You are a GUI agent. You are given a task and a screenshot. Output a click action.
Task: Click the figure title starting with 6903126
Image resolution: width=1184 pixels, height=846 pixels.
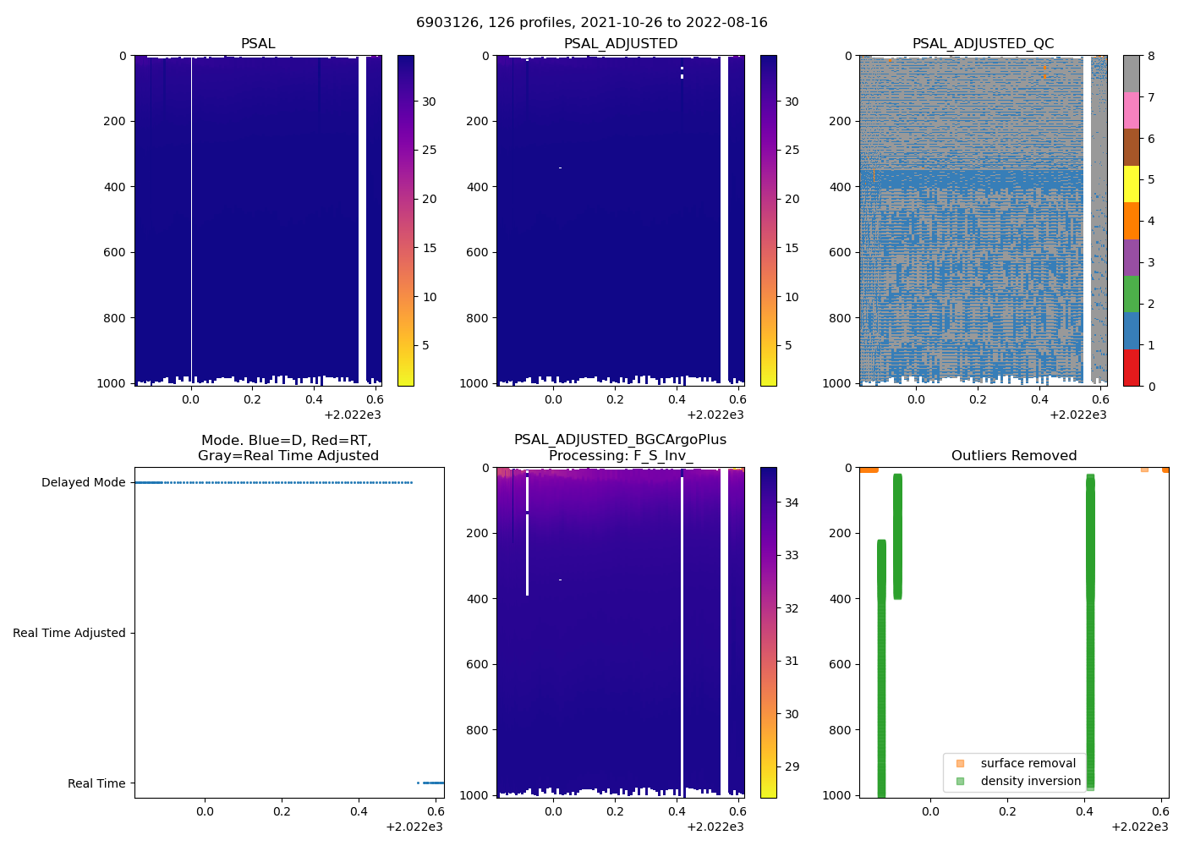click(591, 23)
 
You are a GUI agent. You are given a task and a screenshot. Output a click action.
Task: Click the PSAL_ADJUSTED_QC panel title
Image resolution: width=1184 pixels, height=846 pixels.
click(983, 44)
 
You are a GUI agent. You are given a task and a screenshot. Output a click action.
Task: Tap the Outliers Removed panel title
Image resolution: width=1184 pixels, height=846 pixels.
click(1013, 456)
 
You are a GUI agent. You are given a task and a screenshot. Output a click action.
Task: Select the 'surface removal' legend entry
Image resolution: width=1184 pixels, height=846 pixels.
click(1028, 763)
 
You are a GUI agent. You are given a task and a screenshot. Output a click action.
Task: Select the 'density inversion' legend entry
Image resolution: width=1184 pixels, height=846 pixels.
click(1030, 781)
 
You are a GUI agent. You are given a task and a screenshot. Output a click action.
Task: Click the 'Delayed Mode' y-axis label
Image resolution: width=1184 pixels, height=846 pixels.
click(83, 483)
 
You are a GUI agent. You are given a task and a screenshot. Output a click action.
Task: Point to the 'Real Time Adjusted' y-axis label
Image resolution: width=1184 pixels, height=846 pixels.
click(69, 633)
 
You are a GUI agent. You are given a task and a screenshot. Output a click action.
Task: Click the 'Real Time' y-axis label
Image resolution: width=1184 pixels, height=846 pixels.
click(96, 783)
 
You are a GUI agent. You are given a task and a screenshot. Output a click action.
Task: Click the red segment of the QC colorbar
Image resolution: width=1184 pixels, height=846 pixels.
click(1131, 368)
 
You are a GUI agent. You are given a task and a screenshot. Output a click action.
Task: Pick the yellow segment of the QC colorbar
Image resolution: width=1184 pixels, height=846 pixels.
click(1131, 184)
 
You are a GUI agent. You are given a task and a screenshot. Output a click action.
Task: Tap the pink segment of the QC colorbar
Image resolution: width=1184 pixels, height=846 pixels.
click(1131, 110)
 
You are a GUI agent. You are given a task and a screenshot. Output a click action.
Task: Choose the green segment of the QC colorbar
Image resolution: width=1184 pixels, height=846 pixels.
click(1131, 294)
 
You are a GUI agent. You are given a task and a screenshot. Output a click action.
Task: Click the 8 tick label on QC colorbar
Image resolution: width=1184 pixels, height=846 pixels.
click(1151, 57)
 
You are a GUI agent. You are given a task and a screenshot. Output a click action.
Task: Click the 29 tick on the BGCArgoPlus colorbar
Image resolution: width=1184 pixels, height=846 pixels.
click(792, 767)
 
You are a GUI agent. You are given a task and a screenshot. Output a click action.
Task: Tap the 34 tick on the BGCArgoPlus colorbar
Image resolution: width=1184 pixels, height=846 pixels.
click(792, 503)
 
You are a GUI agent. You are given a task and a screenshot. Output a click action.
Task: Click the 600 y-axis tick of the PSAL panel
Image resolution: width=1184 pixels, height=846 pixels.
click(116, 252)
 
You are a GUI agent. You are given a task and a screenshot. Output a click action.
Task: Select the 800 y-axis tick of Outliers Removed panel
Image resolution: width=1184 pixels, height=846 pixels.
click(841, 730)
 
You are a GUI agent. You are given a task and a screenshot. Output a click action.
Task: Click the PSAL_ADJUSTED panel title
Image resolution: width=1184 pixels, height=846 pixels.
click(620, 44)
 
